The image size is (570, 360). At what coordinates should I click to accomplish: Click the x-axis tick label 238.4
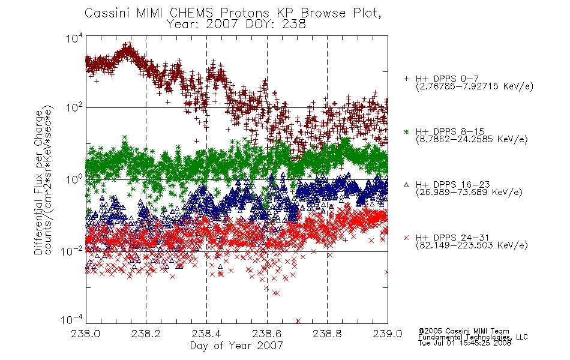[x=206, y=334]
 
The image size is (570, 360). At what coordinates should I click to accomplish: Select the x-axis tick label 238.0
[x=85, y=334]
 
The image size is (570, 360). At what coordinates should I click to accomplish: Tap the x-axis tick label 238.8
[x=327, y=334]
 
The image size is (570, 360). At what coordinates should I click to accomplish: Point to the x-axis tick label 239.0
[x=388, y=334]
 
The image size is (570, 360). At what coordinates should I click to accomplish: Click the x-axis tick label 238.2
[x=146, y=334]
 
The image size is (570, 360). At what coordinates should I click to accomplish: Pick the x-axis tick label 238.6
[x=267, y=334]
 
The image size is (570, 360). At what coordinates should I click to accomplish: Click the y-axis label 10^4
[x=74, y=38]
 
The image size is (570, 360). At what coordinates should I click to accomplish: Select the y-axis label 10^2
[x=74, y=107]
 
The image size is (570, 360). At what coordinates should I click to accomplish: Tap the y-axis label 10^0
[x=74, y=179]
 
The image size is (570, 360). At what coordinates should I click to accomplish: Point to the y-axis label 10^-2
[x=73, y=251]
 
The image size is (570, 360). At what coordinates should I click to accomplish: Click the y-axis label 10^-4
[x=73, y=320]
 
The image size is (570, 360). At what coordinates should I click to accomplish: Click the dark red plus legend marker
[x=406, y=79]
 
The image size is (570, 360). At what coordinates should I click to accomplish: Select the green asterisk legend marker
[x=406, y=131]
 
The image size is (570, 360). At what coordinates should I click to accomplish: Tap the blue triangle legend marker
[x=406, y=185]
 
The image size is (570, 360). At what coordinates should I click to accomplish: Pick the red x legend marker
[x=406, y=238]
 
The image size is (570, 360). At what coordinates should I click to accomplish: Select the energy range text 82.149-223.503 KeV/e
[x=472, y=245]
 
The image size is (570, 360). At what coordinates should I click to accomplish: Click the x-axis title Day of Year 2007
[x=236, y=346]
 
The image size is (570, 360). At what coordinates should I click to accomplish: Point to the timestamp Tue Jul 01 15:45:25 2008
[x=464, y=343]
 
